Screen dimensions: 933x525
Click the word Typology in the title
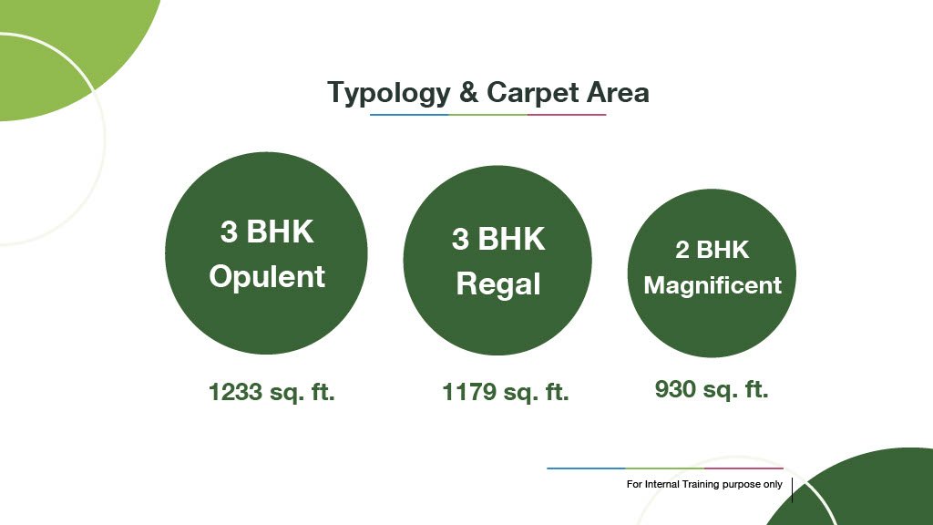(x=389, y=94)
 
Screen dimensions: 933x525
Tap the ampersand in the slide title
(x=469, y=92)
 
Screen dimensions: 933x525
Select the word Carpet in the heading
(x=532, y=94)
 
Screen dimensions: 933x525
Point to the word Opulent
(x=267, y=277)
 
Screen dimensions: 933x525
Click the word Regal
(x=498, y=284)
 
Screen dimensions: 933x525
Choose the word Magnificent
(x=713, y=285)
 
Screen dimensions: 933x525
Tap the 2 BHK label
(x=713, y=250)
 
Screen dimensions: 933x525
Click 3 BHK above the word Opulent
(x=267, y=232)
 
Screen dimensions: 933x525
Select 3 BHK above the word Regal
(x=498, y=239)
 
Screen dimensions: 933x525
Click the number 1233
(x=236, y=392)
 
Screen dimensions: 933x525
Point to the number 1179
(x=469, y=392)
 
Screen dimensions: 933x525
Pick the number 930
(x=675, y=389)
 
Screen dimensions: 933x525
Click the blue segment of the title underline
(x=409, y=114)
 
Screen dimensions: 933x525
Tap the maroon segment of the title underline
(x=567, y=114)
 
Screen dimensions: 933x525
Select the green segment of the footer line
(x=664, y=468)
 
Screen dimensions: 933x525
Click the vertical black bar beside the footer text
(x=792, y=489)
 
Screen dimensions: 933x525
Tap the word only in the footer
(x=773, y=485)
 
